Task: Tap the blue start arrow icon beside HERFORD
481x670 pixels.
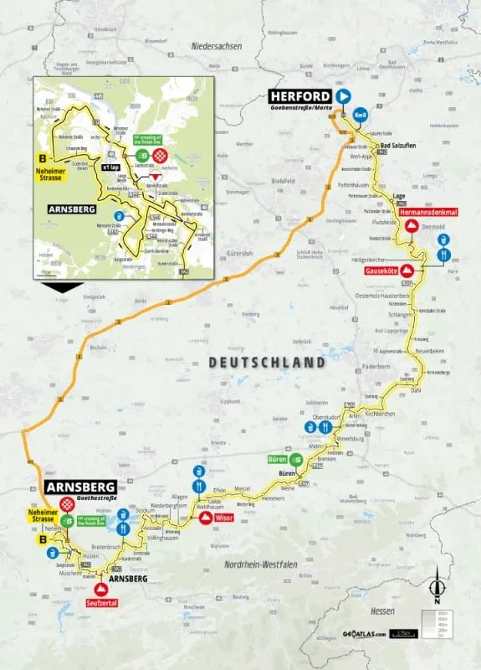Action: (x=342, y=95)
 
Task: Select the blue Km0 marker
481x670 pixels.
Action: (x=360, y=116)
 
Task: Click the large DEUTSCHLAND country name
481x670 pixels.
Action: (x=267, y=363)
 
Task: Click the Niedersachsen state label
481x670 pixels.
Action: (x=216, y=47)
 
